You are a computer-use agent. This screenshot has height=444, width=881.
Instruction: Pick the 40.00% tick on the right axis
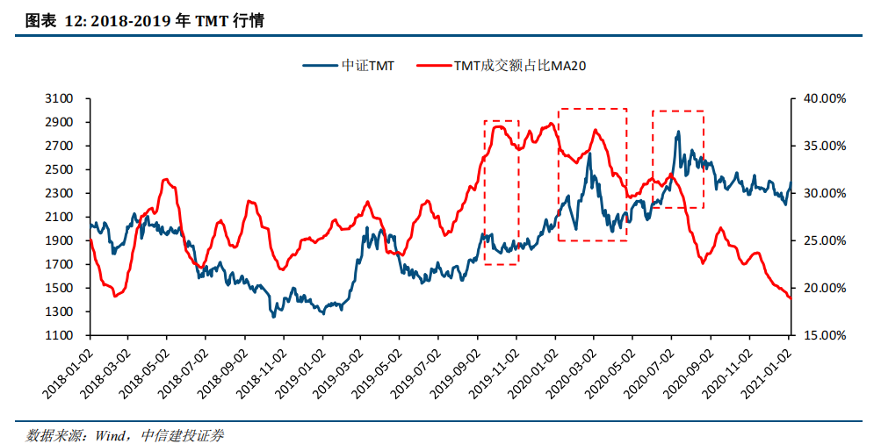[x=824, y=99]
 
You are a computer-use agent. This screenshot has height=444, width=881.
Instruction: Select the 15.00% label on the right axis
[x=824, y=335]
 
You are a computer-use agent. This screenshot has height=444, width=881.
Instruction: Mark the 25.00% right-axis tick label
[x=824, y=240]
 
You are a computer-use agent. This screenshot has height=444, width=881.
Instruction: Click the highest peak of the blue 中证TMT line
[x=678, y=132]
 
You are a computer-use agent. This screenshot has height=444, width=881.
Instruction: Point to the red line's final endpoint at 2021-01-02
[x=791, y=298]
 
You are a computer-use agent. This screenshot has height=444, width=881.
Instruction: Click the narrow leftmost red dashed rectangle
[x=502, y=191]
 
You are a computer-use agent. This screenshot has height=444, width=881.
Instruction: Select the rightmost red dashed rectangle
[x=677, y=159]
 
